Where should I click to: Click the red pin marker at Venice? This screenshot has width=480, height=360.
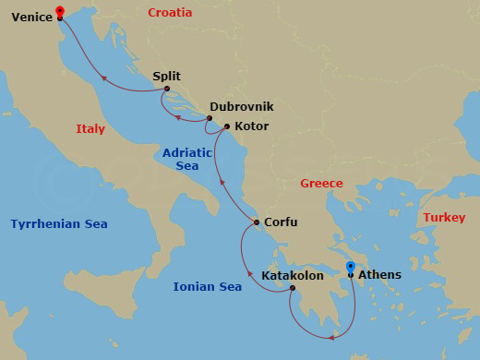point(60,12)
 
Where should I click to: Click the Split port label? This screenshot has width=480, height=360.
point(166,76)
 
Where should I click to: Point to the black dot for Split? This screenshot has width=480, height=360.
point(167,89)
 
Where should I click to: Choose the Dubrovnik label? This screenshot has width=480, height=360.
point(241,107)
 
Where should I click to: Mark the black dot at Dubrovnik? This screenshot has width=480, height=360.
point(210,118)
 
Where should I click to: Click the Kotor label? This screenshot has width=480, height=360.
point(251,126)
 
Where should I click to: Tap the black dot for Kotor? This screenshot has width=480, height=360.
point(227,126)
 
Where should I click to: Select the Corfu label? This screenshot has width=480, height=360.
point(281,222)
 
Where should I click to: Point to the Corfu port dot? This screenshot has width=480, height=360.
point(256,222)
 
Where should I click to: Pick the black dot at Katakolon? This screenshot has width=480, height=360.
point(292,289)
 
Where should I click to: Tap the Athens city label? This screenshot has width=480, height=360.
point(378,274)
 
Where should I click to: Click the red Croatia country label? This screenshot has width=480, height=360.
point(170,13)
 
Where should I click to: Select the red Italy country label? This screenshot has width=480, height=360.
point(90,129)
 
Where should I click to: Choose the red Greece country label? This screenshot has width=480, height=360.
point(321,184)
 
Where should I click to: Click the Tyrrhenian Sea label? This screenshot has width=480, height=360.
point(59,224)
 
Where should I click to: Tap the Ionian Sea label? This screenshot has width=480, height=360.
point(207,287)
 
